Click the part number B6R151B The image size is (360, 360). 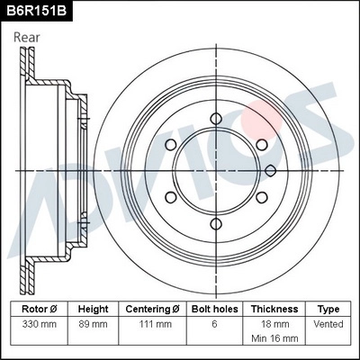[x=35, y=12]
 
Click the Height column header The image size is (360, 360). [x=93, y=308]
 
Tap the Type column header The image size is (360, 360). [x=328, y=308]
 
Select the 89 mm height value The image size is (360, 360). [x=93, y=322]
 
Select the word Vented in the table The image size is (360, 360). [x=328, y=322]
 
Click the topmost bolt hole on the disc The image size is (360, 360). [x=214, y=117]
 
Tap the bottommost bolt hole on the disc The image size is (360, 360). [x=214, y=223]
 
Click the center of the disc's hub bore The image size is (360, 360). [x=214, y=170]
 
